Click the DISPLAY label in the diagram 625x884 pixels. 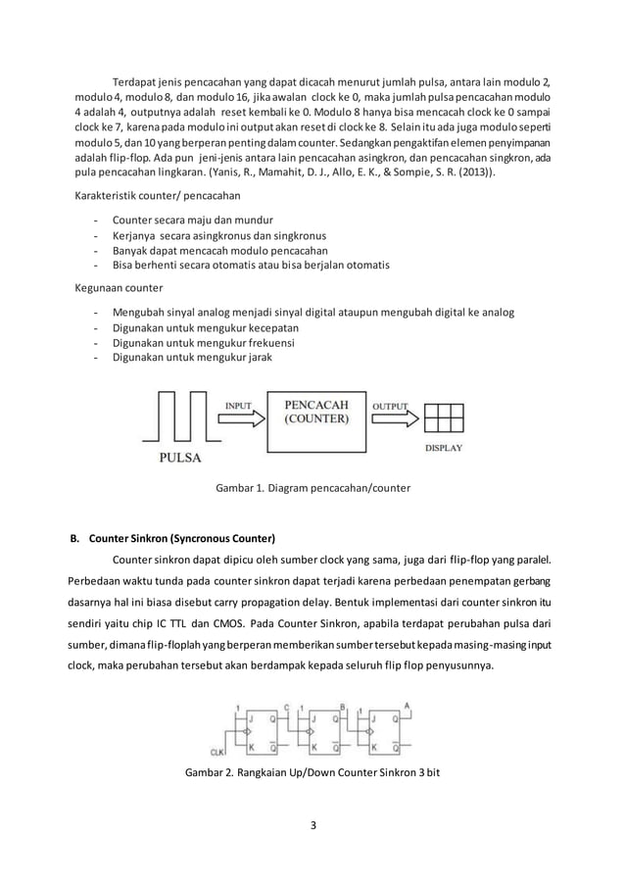tap(443, 448)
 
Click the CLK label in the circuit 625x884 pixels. tap(217, 752)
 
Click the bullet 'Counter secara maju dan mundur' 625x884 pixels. tap(193, 220)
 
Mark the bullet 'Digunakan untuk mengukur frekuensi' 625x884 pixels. tap(204, 343)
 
